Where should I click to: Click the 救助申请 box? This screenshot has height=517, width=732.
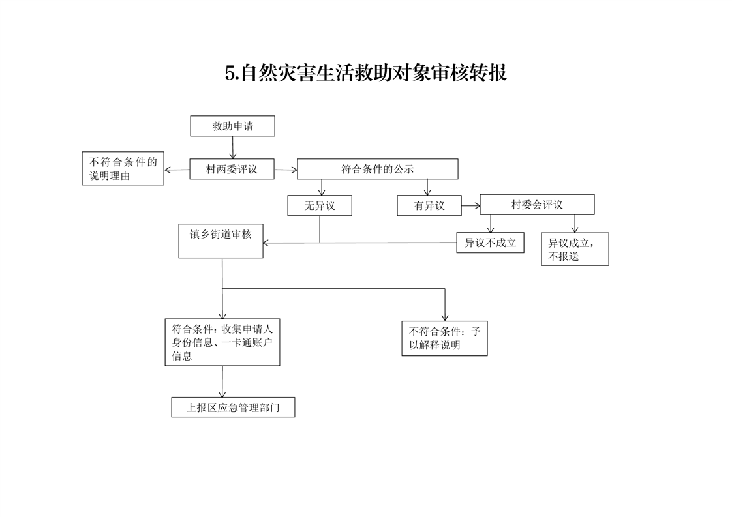pos(232,126)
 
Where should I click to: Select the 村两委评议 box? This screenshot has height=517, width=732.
pos(232,169)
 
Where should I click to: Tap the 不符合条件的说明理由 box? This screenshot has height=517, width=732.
pos(123,169)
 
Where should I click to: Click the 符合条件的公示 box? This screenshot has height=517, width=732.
pos(377,169)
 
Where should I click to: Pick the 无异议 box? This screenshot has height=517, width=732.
pos(320,206)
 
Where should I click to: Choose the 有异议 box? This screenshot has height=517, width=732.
pos(429,206)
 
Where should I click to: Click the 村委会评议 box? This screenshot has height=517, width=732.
pos(537,205)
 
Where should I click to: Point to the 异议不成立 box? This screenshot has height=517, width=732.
pos(490,243)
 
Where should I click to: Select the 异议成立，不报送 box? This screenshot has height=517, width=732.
pos(575,250)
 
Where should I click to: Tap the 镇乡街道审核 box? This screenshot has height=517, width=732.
pos(221,241)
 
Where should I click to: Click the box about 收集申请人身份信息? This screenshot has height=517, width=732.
pos(222,342)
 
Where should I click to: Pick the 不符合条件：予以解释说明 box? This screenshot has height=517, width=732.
pos(444,338)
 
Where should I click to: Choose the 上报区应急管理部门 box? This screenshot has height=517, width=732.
pos(233,407)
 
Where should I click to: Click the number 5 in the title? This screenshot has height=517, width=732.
pos(230,73)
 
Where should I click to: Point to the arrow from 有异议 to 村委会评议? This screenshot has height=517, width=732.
pos(470,206)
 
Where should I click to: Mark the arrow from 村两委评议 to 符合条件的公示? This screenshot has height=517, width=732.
pos(286,170)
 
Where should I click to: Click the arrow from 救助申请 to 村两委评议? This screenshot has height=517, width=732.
pos(233,148)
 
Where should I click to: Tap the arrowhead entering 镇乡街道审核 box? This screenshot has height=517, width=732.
pos(267,243)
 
